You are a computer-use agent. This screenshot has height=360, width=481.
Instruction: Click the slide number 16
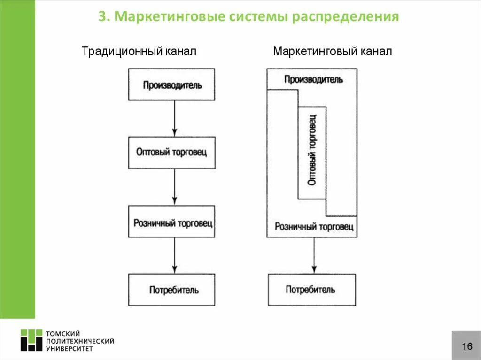click(x=466, y=346)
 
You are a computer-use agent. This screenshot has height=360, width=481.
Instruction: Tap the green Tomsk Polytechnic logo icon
click(x=31, y=340)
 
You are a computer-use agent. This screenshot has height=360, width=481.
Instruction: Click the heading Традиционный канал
click(x=139, y=51)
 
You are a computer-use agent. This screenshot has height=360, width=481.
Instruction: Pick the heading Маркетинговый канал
click(x=332, y=51)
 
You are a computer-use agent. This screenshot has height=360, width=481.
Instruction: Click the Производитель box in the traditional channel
click(x=172, y=84)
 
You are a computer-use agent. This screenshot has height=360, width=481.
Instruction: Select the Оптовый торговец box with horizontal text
click(x=172, y=153)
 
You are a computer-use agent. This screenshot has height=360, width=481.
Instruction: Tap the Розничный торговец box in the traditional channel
click(x=172, y=222)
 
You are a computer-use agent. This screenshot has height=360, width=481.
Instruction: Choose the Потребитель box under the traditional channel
click(x=172, y=290)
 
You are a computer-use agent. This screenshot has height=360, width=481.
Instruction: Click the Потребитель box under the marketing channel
click(x=311, y=290)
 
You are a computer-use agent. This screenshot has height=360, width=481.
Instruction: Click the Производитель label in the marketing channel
click(x=313, y=79)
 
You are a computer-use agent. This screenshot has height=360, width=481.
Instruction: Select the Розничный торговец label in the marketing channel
click(x=314, y=227)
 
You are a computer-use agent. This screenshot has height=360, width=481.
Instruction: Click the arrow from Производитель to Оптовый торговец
click(x=174, y=118)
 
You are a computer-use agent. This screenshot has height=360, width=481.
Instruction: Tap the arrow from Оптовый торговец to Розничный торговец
click(x=174, y=187)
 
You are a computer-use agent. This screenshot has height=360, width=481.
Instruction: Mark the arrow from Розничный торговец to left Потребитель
click(x=174, y=255)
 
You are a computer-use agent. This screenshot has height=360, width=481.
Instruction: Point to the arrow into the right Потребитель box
click(x=314, y=255)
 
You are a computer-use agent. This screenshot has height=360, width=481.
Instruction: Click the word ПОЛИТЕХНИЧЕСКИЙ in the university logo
click(x=80, y=341)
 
